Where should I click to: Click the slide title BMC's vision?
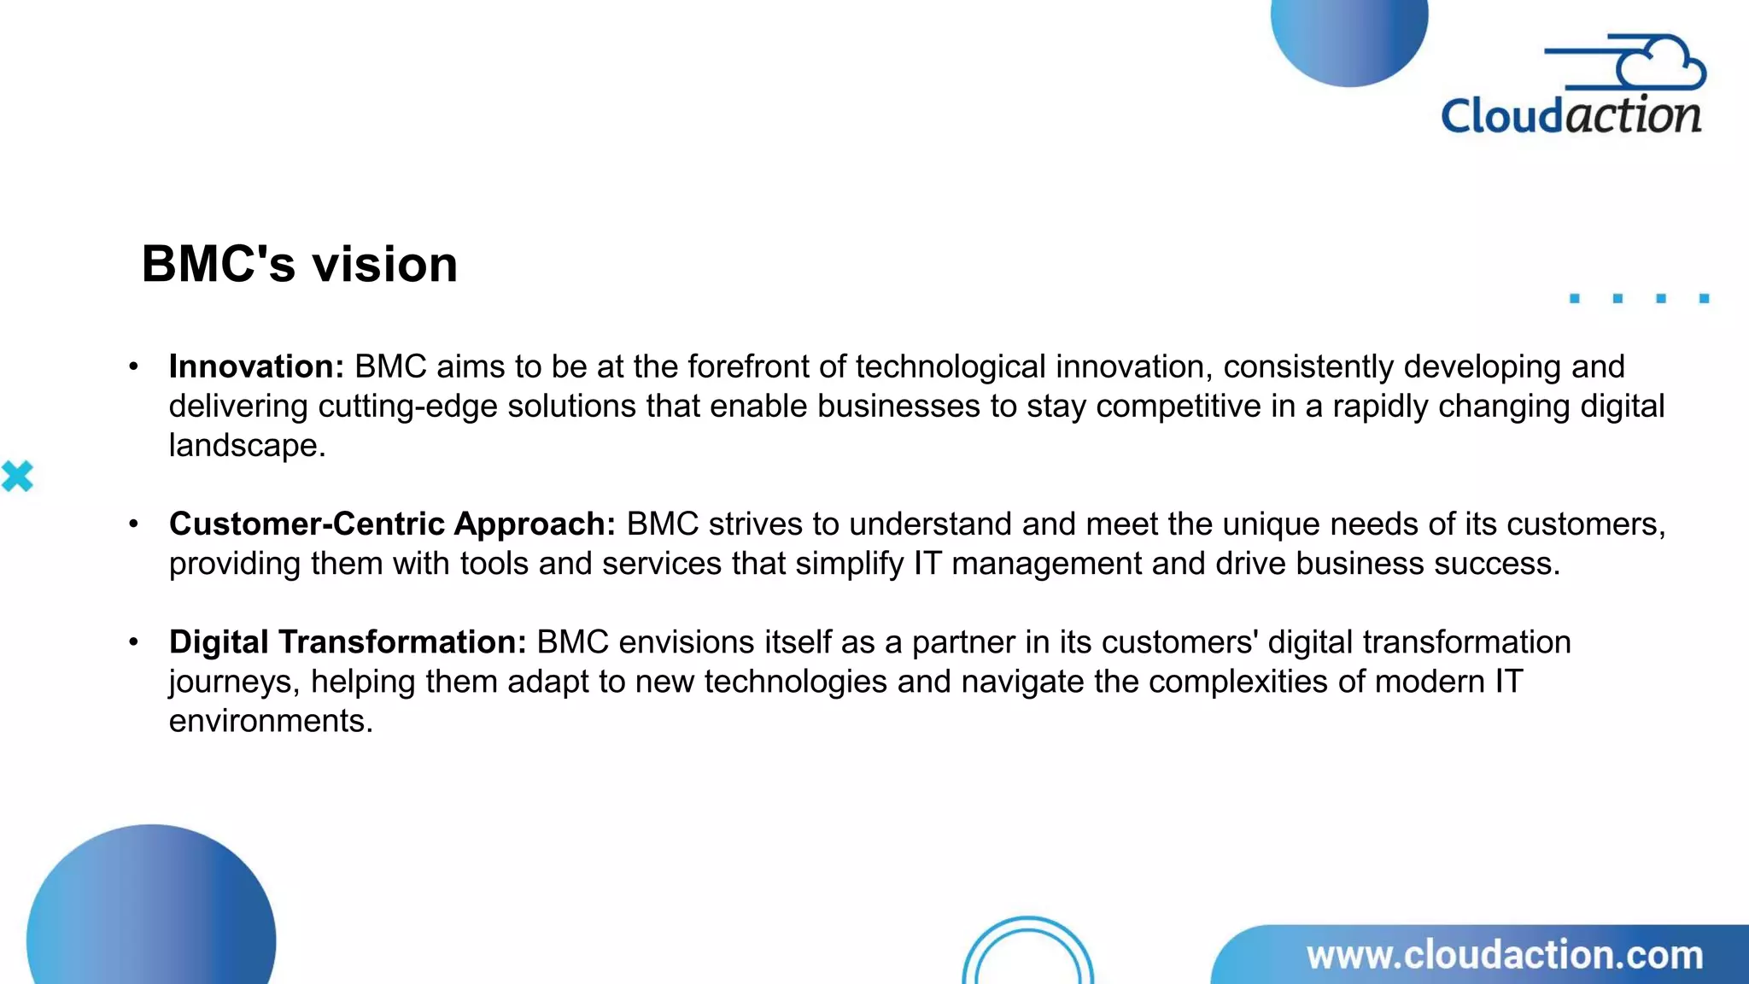pyautogui.click(x=299, y=264)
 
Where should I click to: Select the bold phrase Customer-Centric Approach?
pyautogui.click(x=392, y=524)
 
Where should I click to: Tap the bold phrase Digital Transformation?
pyautogui.click(x=348, y=641)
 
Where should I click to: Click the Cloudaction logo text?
pyautogui.click(x=1571, y=116)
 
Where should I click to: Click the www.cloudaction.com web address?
pyautogui.click(x=1505, y=955)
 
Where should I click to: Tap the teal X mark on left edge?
pyautogui.click(x=17, y=477)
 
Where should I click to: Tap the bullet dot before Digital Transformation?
pyautogui.click(x=133, y=641)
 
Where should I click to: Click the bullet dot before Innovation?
pyautogui.click(x=133, y=366)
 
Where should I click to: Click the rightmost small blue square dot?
pyautogui.click(x=1704, y=298)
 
